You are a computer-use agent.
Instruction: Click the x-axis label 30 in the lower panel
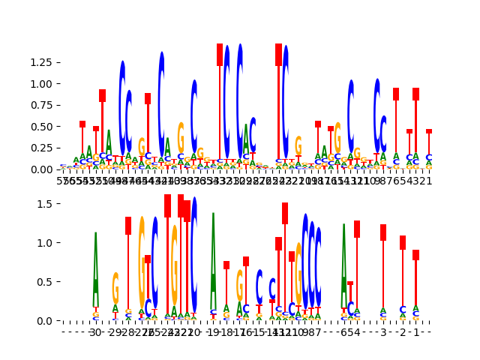pyautogui.click(x=96, y=332)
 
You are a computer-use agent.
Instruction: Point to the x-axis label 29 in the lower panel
pyautogui.click(x=115, y=332)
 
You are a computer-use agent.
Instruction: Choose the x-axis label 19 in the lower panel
pyautogui.click(x=213, y=332)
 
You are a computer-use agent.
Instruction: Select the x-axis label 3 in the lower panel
pyautogui.click(x=383, y=332)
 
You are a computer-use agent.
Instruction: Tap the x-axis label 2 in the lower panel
pyautogui.click(x=403, y=332)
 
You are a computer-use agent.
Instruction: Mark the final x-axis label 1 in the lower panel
pyautogui.click(x=415, y=332)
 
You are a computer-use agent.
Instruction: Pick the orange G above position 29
pyautogui.click(x=115, y=288)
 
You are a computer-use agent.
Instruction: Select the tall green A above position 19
pyautogui.click(x=213, y=259)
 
